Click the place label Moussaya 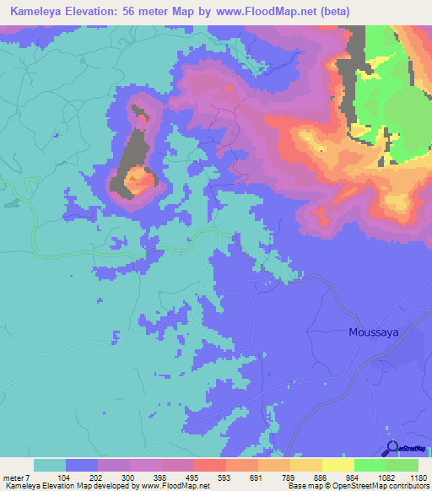point(374,332)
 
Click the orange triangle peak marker point(132,178)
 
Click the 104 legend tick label point(81,477)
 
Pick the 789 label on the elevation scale point(273,477)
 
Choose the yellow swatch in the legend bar point(337,465)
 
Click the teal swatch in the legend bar point(50,465)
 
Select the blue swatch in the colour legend point(82,465)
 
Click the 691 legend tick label point(241,477)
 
